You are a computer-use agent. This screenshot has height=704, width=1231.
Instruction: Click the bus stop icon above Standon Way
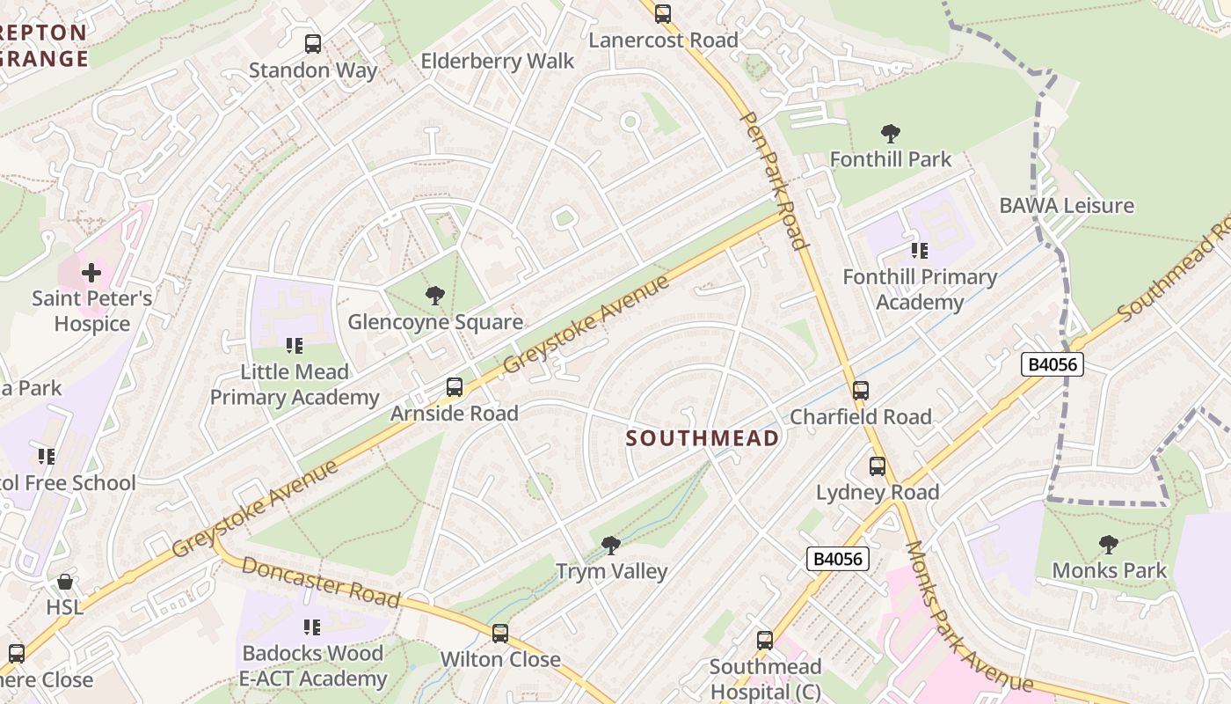coord(312,43)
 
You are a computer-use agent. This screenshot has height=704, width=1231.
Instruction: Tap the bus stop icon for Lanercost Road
coord(663,13)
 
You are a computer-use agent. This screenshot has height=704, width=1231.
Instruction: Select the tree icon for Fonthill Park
coord(891,134)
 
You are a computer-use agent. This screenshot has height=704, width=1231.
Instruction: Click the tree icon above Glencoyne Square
coord(434,296)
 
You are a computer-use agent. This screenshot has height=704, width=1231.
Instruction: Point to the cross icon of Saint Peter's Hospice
coord(91,273)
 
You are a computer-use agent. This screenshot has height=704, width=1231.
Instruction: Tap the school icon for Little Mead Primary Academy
coord(295,346)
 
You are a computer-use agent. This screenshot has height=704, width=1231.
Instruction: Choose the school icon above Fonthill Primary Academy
coord(920,251)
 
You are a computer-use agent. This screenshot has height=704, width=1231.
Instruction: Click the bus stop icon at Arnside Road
coord(455,387)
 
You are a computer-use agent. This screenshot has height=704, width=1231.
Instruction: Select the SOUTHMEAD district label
coord(703,438)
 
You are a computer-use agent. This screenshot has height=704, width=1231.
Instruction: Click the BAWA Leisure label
coord(1067,206)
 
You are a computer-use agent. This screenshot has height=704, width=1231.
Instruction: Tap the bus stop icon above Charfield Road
coord(861,391)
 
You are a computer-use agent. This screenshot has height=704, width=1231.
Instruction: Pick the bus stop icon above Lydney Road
coord(878,466)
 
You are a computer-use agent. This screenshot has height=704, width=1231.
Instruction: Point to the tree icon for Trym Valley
coord(611,546)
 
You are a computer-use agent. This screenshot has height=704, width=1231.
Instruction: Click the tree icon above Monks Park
coord(1109,545)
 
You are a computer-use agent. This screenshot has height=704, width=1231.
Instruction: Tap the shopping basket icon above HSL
coord(65,582)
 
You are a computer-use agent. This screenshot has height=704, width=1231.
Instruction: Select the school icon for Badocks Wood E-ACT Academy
coord(312,627)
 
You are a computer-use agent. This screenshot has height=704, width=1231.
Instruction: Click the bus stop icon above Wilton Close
coord(500,634)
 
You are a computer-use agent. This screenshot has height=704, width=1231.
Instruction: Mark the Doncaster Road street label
coord(320,583)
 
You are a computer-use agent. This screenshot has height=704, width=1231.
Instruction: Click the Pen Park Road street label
coord(773,180)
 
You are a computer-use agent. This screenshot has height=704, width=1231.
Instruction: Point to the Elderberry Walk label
coord(497,62)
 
